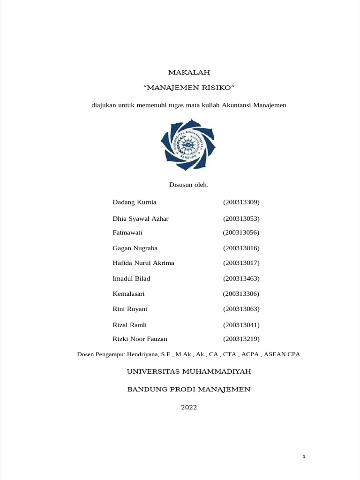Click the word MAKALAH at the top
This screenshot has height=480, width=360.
189,73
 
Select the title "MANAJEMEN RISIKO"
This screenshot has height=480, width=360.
189,88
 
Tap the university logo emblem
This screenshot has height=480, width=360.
188,144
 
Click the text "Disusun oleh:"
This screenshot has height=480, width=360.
188,185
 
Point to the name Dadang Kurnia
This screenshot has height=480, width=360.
135,202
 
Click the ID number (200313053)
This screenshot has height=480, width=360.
241,219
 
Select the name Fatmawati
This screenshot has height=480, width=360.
127,232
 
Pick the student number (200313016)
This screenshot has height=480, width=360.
241,248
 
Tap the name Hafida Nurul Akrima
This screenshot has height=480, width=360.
143,263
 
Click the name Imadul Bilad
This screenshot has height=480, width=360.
131,278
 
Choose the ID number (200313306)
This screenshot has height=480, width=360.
241,294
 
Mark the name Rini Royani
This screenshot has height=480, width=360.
130,309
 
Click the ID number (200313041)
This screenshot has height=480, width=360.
241,325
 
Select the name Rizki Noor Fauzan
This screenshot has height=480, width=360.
140,339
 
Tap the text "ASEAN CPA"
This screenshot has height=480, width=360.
282,354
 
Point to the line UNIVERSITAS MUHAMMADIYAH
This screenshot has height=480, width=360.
189,372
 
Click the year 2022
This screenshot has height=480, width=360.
189,407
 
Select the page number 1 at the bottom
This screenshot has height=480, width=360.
304,457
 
